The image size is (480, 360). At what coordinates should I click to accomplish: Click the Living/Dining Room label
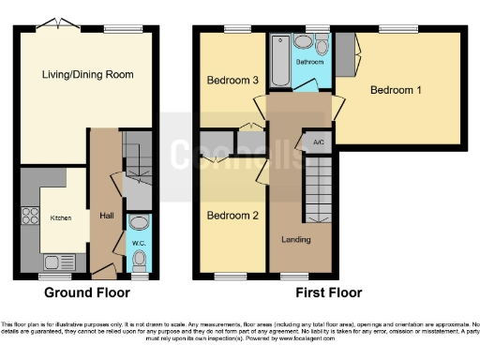[86, 74]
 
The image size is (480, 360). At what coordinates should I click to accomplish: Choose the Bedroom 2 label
[232, 216]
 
